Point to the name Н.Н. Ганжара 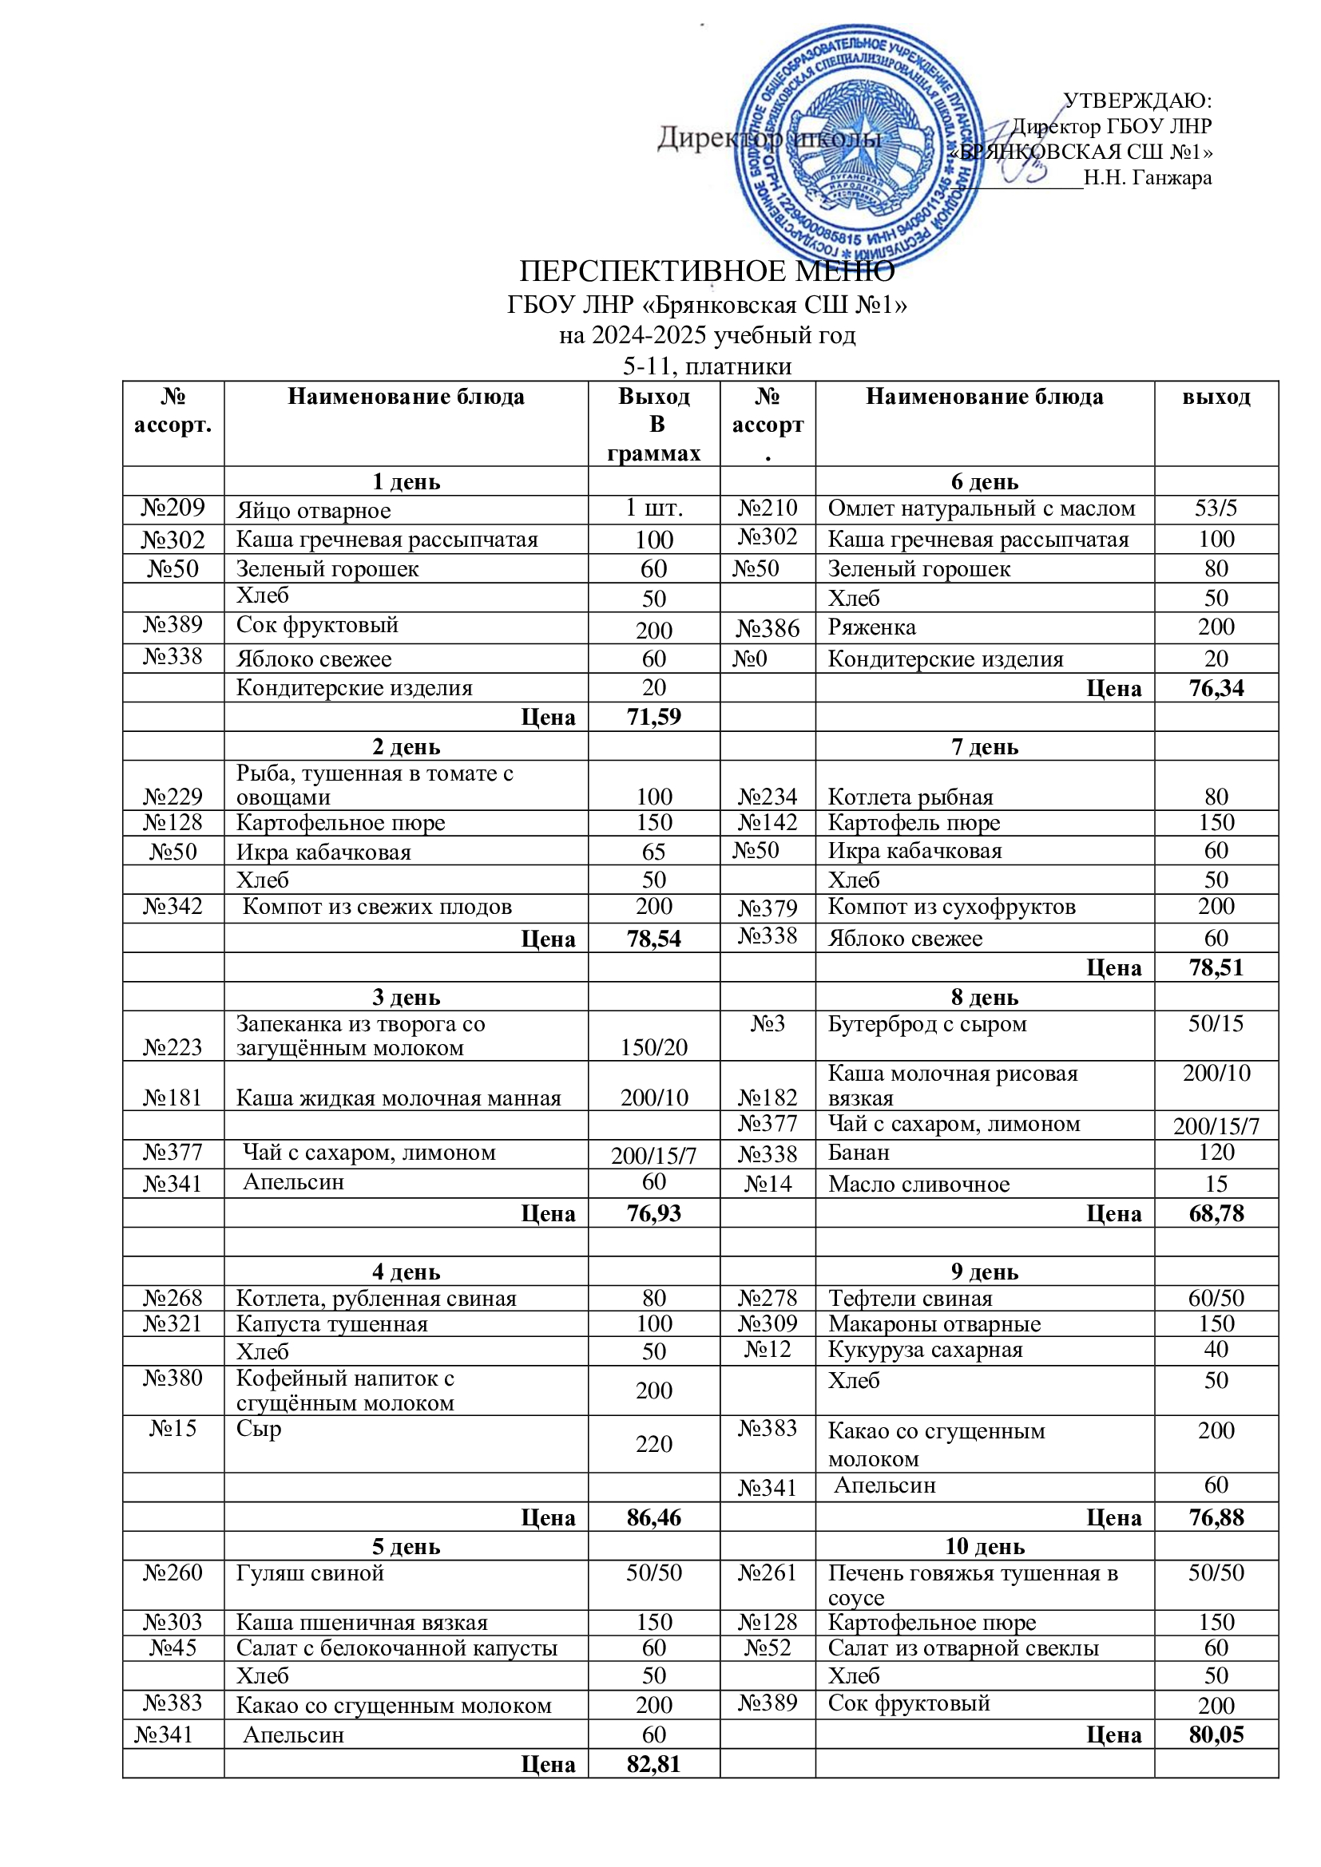click(x=1147, y=177)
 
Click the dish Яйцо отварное click(x=313, y=511)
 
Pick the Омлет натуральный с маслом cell click(x=981, y=508)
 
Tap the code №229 click(x=173, y=796)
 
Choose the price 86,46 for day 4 click(x=653, y=1517)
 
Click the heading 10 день click(x=984, y=1547)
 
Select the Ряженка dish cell click(x=871, y=627)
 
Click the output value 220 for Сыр click(x=653, y=1444)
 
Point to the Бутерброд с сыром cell click(x=926, y=1024)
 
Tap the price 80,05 click(x=1216, y=1734)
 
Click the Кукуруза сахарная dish click(x=925, y=1350)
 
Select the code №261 click(x=767, y=1572)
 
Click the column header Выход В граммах click(x=653, y=424)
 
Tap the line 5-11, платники click(x=706, y=366)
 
